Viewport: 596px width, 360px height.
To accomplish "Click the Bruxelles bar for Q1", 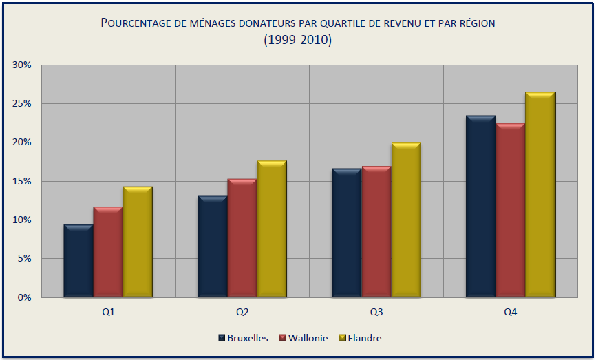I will point(78,262).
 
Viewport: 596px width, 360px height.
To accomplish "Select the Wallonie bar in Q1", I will point(108,252).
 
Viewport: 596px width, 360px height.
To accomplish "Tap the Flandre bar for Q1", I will point(138,242).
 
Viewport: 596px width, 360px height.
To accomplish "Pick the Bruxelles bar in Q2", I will point(213,247).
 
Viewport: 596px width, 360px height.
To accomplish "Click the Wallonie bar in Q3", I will point(376,232).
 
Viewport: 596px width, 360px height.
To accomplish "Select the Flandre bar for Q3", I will point(405,220).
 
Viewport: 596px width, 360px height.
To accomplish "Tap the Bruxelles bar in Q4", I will point(480,207).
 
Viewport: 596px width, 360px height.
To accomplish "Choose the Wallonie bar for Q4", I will point(510,211).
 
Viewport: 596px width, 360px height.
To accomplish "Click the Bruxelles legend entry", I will point(243,338).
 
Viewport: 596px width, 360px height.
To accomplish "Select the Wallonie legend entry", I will point(303,338).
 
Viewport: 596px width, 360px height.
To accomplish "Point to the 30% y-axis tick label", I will point(22,65).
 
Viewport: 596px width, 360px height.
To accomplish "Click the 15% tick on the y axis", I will point(22,181).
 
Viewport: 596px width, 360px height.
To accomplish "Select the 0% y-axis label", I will point(25,297).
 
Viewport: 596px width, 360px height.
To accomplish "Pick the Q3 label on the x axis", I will point(376,312).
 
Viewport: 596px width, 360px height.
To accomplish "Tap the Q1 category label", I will point(108,312).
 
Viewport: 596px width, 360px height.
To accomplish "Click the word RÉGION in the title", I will point(473,23).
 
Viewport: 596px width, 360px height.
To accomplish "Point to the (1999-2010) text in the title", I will point(298,40).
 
